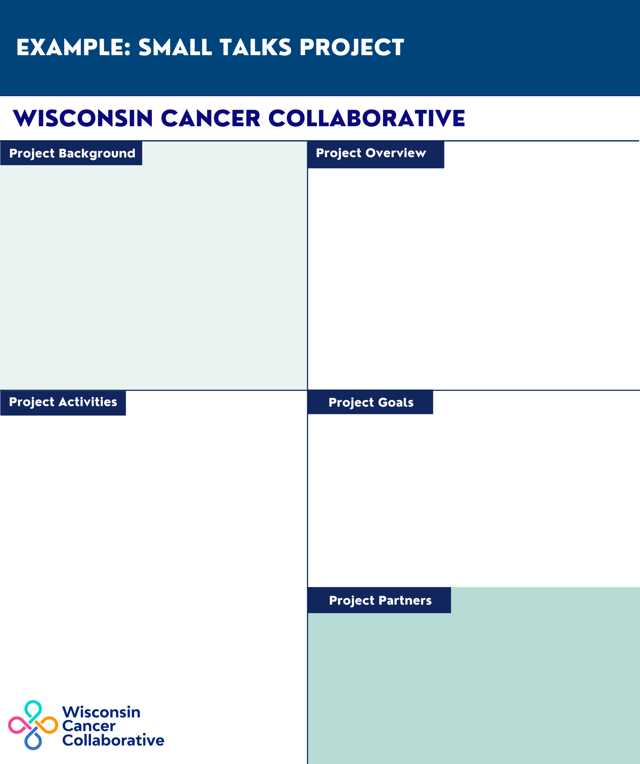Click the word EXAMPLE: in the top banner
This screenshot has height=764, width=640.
pos(73,48)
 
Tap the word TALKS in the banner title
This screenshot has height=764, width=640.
pos(255,48)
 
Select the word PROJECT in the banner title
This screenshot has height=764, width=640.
pos(352,48)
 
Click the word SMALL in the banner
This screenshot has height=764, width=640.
pos(175,48)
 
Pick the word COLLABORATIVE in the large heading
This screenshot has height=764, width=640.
pos(366,118)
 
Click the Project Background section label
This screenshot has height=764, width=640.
pos(72,153)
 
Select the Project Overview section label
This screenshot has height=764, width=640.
pos(371,153)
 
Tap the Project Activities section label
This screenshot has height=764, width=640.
pos(63,402)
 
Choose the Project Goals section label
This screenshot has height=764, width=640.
pos(371,402)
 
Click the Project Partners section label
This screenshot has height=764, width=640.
pos(380,600)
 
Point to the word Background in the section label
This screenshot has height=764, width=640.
pos(97,153)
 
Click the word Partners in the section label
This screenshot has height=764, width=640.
pos(405,600)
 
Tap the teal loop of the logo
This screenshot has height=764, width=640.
pos(33,708)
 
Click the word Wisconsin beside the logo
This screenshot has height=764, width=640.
pos(101,712)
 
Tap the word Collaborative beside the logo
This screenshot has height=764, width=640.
pos(113,740)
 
